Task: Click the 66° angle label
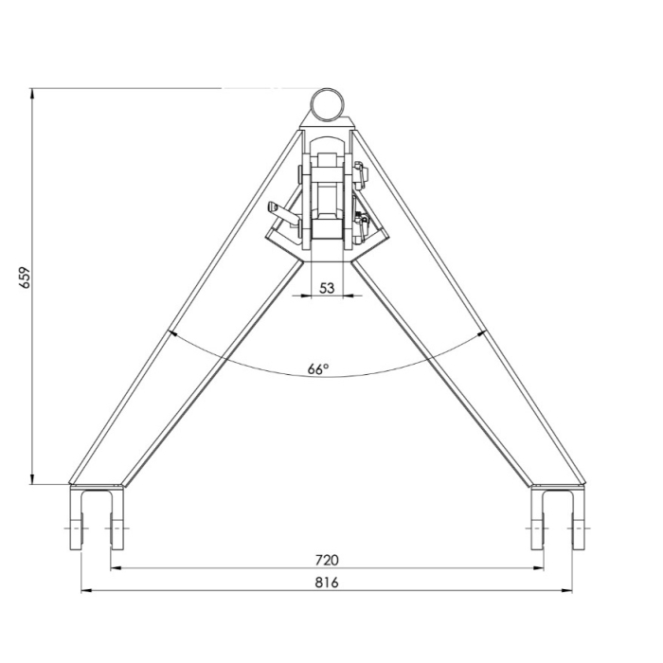point(319,368)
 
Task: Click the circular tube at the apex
point(328,102)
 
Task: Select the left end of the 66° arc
point(170,331)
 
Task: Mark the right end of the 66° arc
point(485,331)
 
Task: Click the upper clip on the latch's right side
point(360,174)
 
